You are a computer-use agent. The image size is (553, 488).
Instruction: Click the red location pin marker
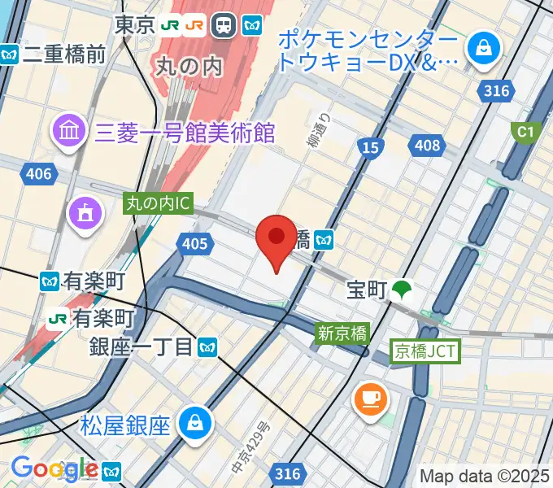coord(276,239)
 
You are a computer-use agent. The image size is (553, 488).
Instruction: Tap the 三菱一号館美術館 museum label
coord(186,133)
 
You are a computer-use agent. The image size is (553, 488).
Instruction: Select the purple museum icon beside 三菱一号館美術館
coord(69,130)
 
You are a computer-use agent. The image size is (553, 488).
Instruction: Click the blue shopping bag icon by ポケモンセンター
coord(484,48)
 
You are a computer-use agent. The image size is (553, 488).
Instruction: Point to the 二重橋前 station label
coord(65,54)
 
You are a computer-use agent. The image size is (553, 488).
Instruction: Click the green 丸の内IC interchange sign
coord(158,203)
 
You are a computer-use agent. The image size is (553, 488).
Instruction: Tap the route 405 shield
coord(195,242)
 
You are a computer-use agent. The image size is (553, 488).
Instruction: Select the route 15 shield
coord(370,146)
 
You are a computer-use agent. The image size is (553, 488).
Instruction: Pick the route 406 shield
coord(38,173)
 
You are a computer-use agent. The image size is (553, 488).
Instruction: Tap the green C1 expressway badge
coord(525,130)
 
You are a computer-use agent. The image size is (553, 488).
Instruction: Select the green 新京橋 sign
coord(342,332)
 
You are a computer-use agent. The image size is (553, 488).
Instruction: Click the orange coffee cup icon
coord(370,399)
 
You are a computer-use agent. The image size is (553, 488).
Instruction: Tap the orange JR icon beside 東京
coord(194,25)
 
